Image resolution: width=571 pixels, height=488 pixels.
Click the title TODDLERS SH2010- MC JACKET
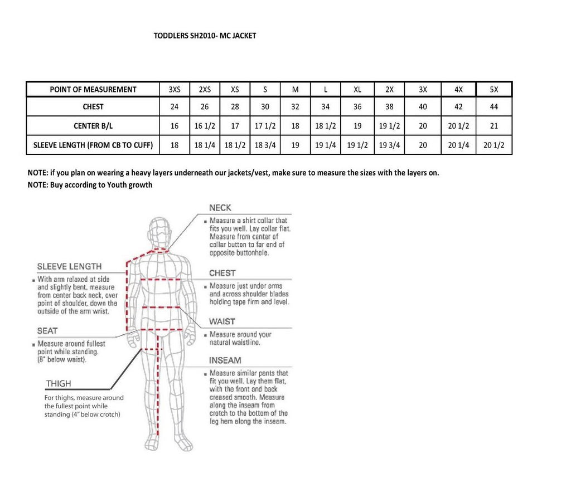[205, 36]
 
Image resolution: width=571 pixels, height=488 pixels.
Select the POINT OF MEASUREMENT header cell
[93, 89]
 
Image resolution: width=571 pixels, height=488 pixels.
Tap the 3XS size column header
[175, 89]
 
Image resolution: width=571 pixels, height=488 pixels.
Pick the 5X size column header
[493, 89]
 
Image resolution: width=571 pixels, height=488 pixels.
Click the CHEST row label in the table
[93, 106]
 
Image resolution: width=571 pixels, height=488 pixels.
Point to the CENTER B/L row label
[93, 126]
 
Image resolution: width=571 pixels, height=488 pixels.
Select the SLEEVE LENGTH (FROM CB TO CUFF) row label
[93, 145]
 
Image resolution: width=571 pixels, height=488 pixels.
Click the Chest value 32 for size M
[295, 106]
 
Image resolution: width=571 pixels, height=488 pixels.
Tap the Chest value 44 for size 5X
[493, 106]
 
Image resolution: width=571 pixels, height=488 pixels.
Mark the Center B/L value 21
[493, 126]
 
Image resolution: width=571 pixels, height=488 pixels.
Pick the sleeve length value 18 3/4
[265, 145]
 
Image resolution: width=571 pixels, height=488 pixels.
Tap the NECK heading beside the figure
[220, 208]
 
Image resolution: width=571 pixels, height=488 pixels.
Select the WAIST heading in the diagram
[222, 321]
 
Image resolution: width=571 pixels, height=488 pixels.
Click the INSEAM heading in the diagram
[225, 360]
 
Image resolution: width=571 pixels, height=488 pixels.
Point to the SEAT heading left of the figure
[47, 331]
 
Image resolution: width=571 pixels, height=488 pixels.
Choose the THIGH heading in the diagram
[59, 384]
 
